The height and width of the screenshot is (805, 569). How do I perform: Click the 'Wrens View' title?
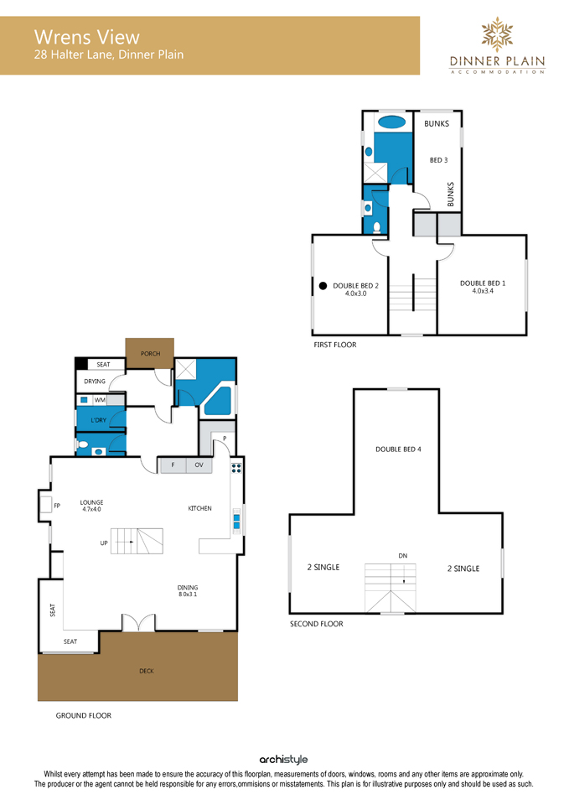tap(86, 37)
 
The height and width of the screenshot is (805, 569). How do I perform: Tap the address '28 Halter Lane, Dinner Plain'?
tap(109, 55)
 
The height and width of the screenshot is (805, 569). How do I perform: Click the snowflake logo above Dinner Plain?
tap(497, 34)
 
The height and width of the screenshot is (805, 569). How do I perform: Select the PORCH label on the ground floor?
tap(150, 354)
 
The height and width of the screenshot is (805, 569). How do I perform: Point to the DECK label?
tap(147, 671)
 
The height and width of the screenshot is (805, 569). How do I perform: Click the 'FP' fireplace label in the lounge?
tap(57, 506)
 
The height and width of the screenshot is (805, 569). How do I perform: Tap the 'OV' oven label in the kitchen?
tap(199, 465)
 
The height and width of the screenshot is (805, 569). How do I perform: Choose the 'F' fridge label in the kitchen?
tap(173, 465)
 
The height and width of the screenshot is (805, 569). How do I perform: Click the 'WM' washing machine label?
tap(100, 400)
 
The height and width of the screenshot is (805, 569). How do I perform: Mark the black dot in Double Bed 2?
tap(323, 286)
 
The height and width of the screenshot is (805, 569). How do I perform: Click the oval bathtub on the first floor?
tap(392, 122)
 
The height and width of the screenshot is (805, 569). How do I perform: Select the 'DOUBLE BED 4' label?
tap(398, 449)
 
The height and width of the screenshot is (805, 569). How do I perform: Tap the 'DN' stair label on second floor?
tap(403, 555)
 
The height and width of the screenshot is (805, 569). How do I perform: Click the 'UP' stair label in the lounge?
tap(104, 543)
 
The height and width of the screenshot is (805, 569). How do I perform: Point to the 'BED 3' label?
tap(438, 160)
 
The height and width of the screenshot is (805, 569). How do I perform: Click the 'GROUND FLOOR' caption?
tap(84, 715)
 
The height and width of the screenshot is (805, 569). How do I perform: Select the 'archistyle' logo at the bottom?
tap(284, 760)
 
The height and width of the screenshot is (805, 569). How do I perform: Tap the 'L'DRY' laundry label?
tap(99, 420)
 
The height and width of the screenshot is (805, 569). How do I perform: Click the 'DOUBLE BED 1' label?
tap(483, 283)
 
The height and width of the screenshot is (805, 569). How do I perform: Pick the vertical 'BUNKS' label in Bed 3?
tap(451, 194)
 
